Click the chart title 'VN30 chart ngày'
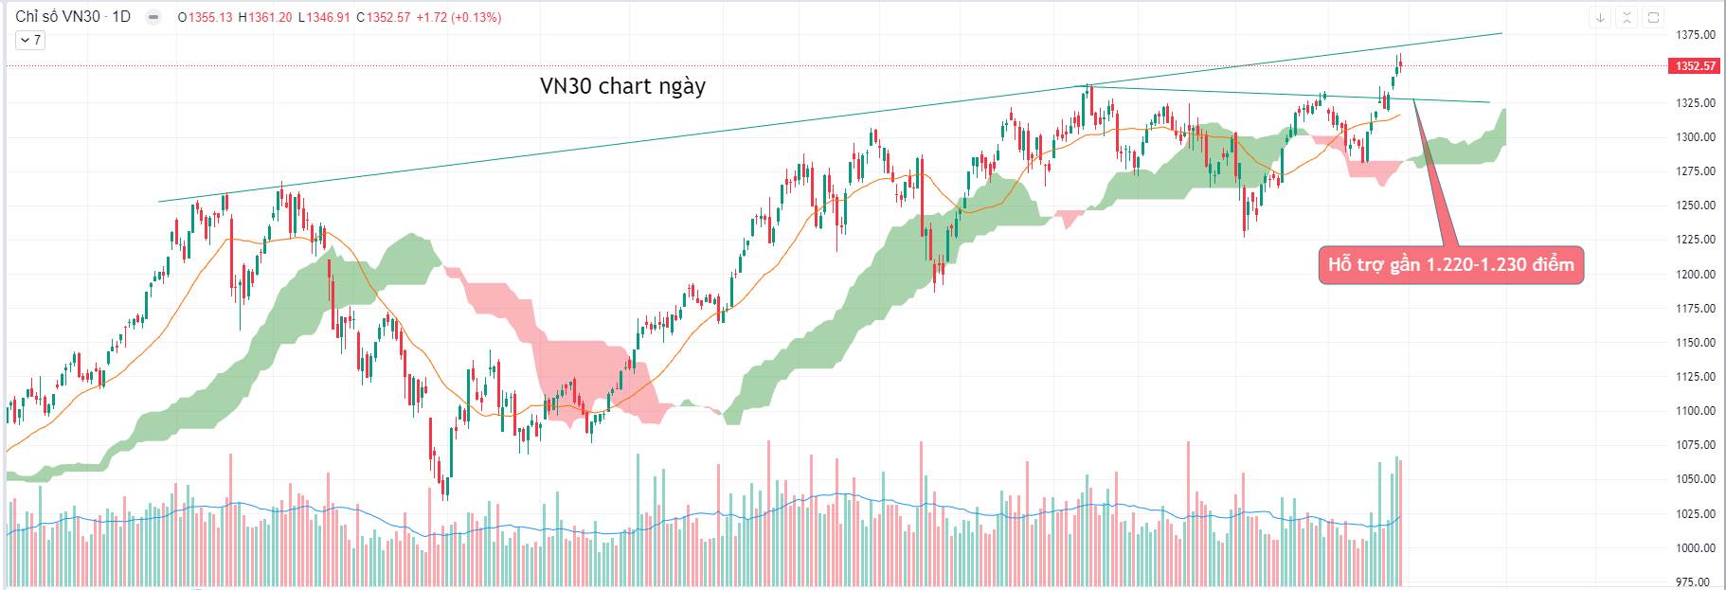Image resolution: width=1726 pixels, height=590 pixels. pos(622,86)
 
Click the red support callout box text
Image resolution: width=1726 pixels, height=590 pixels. pos(1450,265)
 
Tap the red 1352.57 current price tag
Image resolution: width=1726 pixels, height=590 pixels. pos(1695,66)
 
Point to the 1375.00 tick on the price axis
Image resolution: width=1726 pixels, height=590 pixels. pos(1695,35)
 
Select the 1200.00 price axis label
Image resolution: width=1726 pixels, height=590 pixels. pos(1695,275)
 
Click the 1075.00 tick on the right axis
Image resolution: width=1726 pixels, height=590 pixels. pos(1695,445)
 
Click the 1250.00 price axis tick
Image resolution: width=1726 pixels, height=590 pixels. pos(1695,206)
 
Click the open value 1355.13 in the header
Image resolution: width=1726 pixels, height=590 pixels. pos(209,17)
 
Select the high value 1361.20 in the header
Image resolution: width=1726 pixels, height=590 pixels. pos(269,17)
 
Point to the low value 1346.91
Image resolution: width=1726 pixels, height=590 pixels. pos(324,17)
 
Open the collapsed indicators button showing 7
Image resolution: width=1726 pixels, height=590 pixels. pos(30,40)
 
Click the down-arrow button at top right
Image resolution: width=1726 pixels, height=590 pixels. pos(1600,17)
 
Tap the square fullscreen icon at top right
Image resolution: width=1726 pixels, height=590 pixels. pos(1653,17)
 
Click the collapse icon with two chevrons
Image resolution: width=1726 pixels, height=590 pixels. pos(1627,17)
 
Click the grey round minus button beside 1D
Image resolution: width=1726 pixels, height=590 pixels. pos(152,17)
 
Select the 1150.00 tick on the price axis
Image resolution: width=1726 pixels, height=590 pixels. pos(1695,343)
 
